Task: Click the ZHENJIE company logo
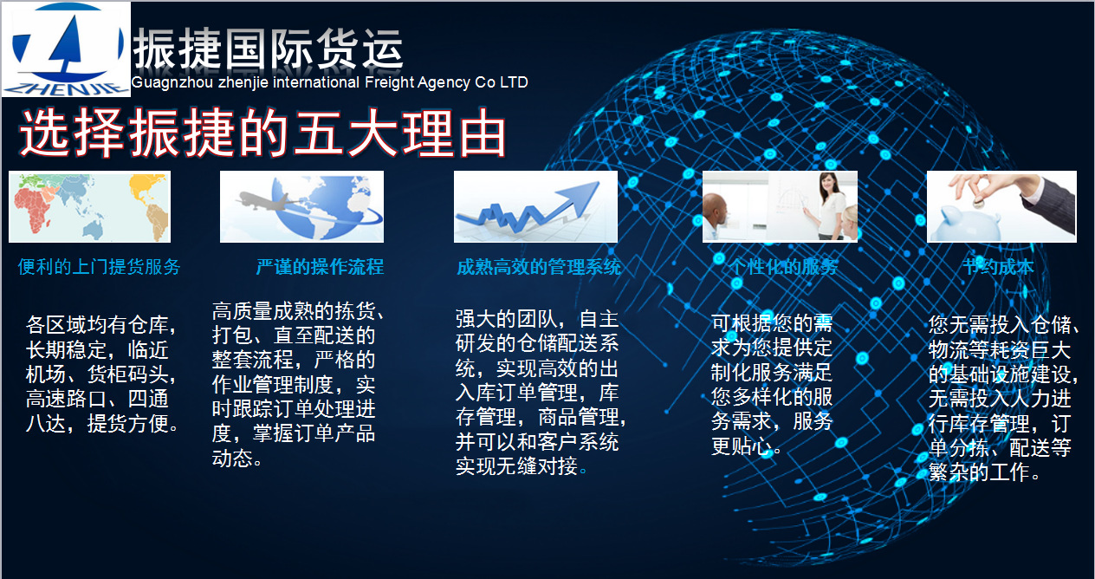[x=66, y=49]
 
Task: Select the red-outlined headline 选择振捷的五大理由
[x=262, y=133]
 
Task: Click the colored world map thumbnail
[x=89, y=206]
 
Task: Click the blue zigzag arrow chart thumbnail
[x=535, y=206]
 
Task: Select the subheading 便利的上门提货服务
[x=99, y=267]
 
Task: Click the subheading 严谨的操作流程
[x=320, y=267]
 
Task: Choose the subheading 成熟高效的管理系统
[x=539, y=267]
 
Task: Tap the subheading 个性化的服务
[x=783, y=267]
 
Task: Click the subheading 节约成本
[x=998, y=267]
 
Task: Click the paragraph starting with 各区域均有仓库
[x=102, y=375]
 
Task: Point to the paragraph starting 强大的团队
[x=540, y=393]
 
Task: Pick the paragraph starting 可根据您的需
[x=772, y=384]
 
